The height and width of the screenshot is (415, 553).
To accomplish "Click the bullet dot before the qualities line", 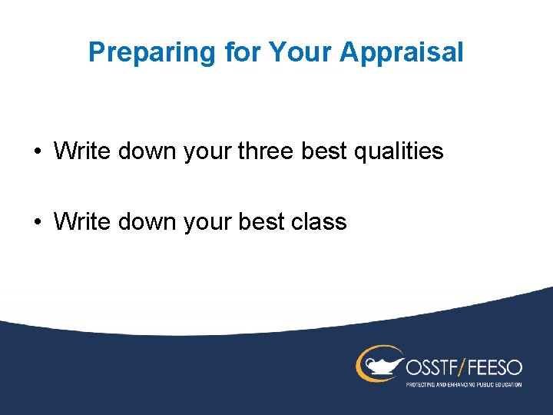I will pyautogui.click(x=37, y=151).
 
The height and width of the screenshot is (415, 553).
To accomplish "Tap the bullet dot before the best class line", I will pyautogui.click(x=37, y=223).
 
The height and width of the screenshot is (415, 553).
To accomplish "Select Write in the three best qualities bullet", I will pyautogui.click(x=82, y=151).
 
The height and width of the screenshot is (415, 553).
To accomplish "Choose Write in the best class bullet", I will pyautogui.click(x=82, y=222).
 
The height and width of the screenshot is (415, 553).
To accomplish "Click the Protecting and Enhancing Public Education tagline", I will pyautogui.click(x=463, y=383).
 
